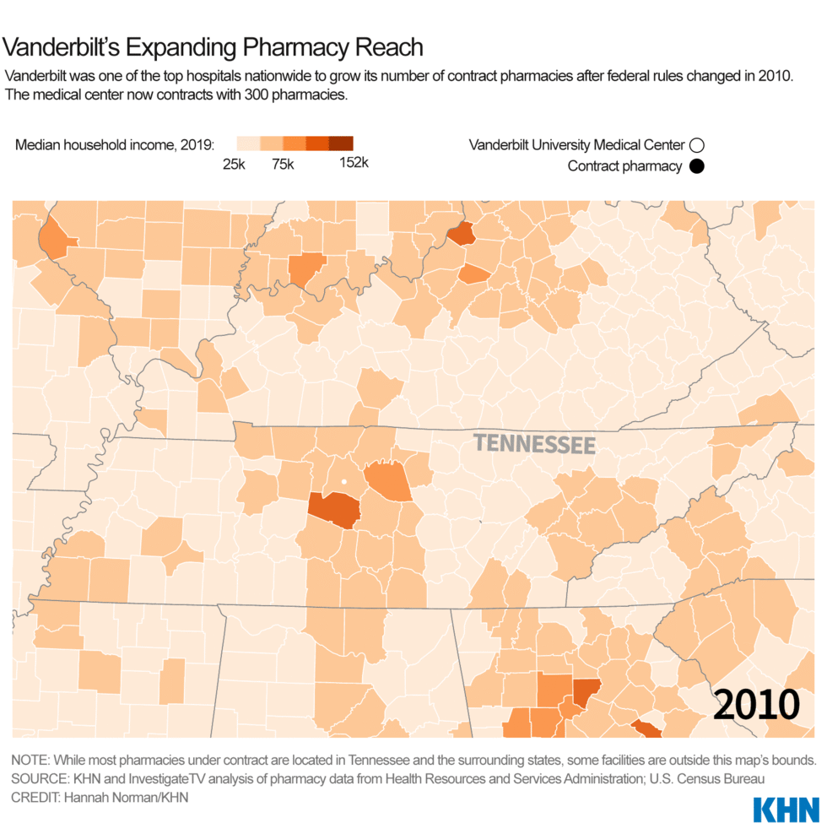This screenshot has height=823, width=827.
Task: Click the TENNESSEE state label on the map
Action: [x=534, y=444]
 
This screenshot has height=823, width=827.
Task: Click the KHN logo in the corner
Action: [x=785, y=809]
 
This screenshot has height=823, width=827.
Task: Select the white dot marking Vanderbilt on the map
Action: [x=343, y=483]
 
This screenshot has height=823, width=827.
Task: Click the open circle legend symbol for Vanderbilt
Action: [x=696, y=145]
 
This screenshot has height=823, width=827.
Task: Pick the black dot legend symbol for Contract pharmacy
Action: [x=696, y=166]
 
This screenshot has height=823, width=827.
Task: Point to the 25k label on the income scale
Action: [x=235, y=165]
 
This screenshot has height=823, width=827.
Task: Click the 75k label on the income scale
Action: [x=283, y=165]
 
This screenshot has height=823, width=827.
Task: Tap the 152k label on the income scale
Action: [x=354, y=163]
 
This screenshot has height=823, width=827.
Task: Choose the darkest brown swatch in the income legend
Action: [x=341, y=143]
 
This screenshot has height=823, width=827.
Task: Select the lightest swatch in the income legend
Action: [x=247, y=143]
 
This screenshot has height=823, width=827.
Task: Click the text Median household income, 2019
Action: [x=115, y=144]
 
